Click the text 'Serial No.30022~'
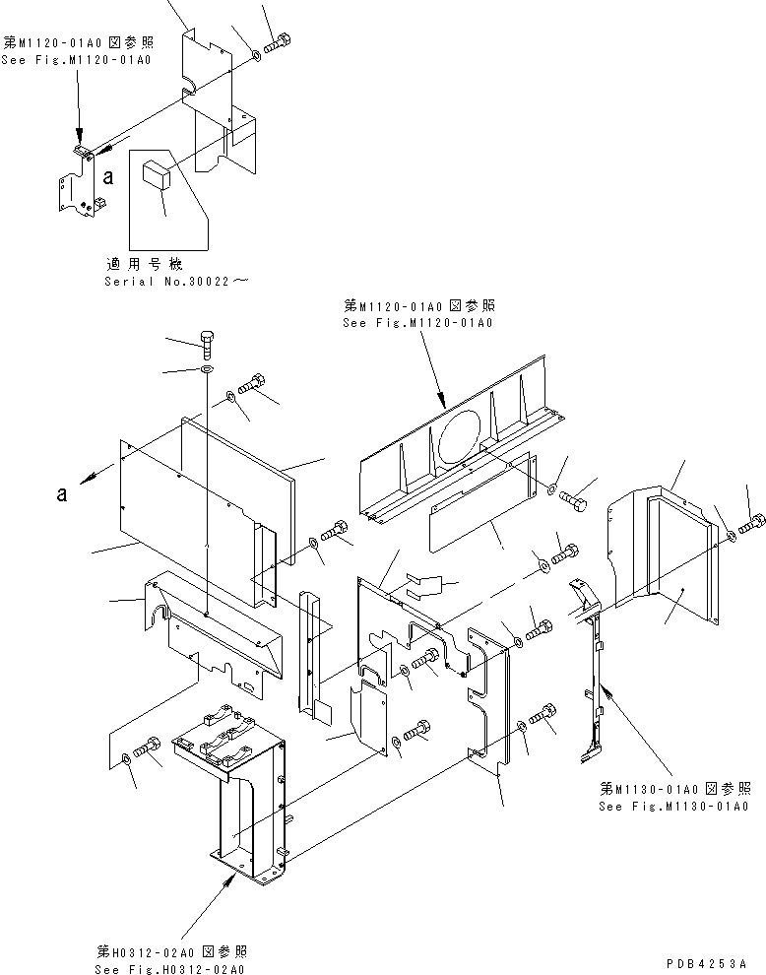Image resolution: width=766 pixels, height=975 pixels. click(176, 281)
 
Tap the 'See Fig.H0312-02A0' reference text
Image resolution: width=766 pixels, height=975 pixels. click(171, 969)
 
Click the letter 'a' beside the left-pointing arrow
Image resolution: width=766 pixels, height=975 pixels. click(61, 495)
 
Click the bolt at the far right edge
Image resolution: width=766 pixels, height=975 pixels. click(753, 524)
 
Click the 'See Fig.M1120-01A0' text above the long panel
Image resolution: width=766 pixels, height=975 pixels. click(418, 322)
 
